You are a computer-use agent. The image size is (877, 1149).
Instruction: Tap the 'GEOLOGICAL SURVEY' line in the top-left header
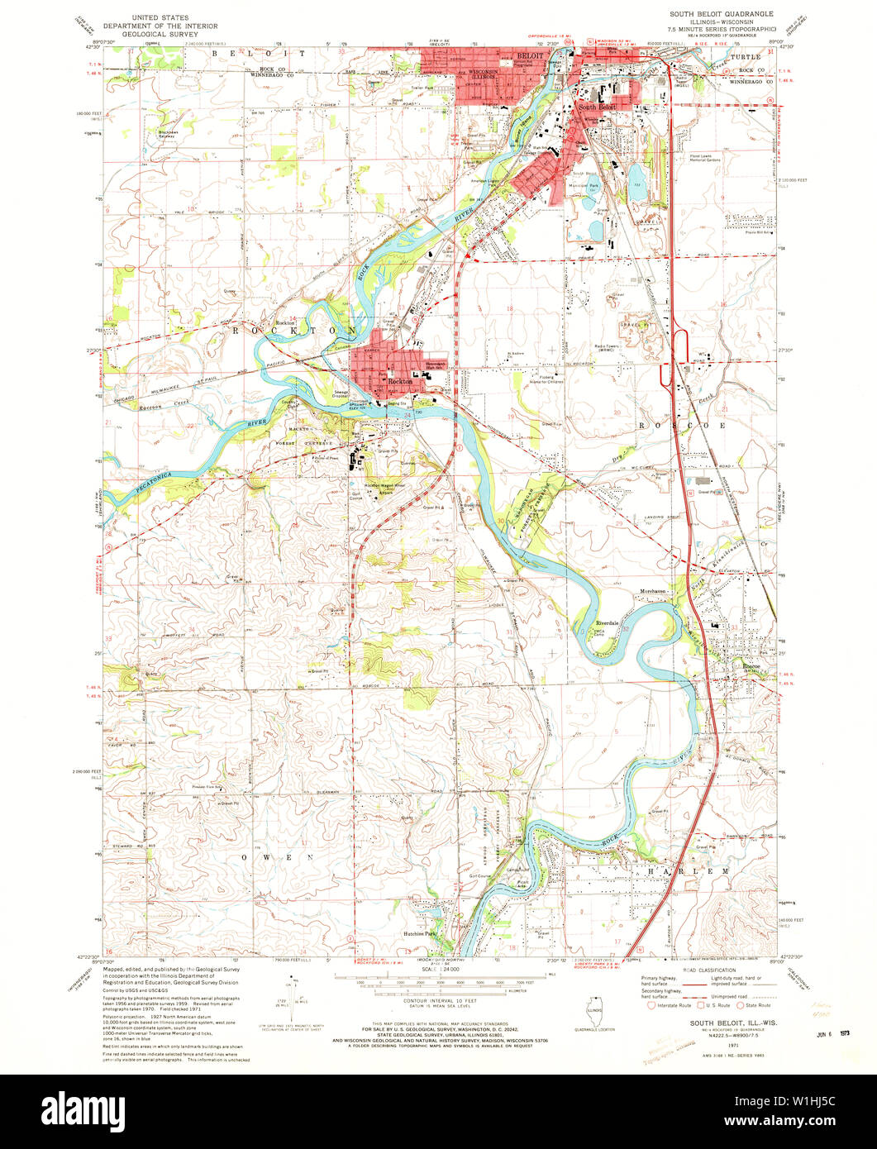pos(163,35)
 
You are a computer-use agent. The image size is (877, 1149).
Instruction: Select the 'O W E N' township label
pos(278,857)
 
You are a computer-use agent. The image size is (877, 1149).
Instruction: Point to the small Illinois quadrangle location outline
pos(593,1013)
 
